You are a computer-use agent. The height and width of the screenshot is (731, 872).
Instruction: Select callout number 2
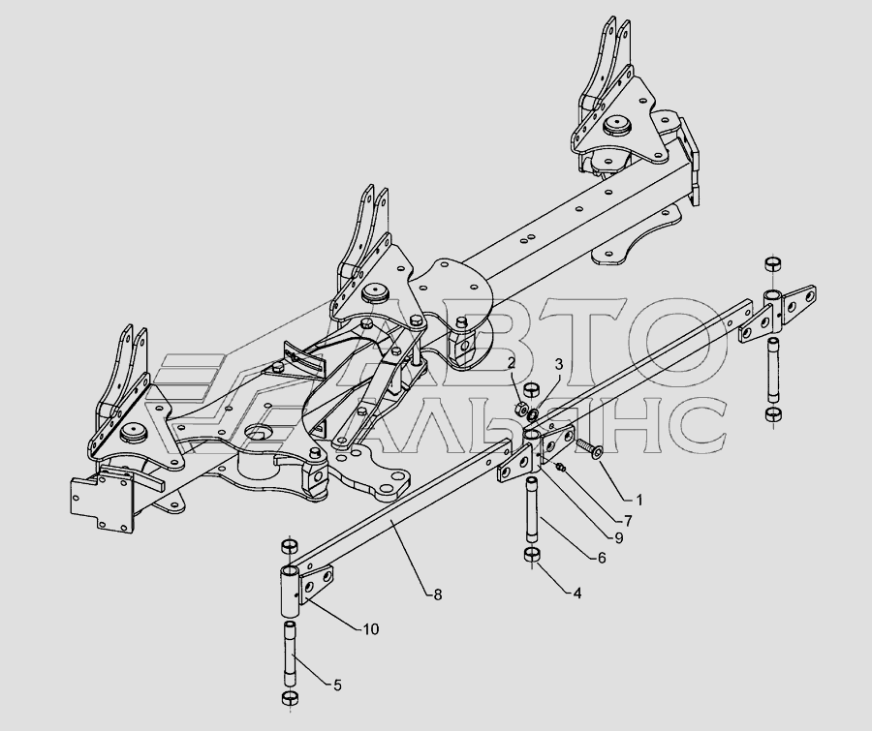coord(511,363)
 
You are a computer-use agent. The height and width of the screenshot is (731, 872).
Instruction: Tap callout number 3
coord(558,363)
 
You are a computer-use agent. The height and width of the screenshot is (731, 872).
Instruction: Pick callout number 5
coord(336,685)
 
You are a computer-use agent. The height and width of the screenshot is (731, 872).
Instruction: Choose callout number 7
coord(627,521)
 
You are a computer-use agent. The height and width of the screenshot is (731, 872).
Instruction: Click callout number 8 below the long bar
coord(438,594)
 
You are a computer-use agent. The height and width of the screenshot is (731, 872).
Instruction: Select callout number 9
coord(617,538)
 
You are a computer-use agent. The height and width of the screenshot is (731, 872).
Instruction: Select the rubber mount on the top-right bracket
coord(613,125)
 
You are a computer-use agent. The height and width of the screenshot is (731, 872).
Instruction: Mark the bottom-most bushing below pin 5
coord(288,700)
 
